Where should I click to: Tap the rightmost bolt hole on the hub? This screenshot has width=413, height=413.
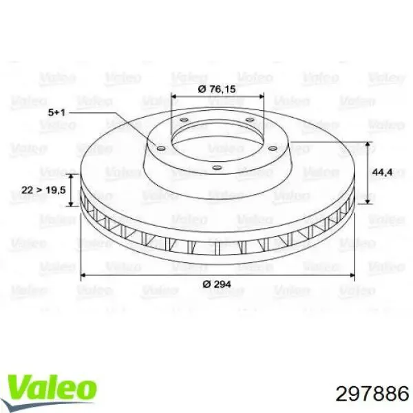click(x=273, y=148)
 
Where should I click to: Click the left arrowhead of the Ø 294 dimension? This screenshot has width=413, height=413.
click(x=85, y=276)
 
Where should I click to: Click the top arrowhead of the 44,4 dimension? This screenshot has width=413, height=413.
click(x=369, y=145)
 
